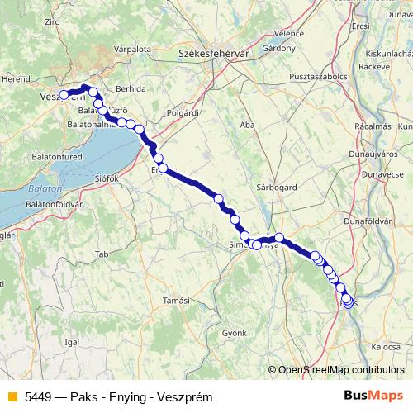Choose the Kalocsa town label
coord(373,347)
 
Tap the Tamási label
coord(176,300)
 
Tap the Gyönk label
coord(234,332)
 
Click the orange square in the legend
coord(12,397)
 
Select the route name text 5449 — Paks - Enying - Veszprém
coord(118,397)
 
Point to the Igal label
coord(72,340)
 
